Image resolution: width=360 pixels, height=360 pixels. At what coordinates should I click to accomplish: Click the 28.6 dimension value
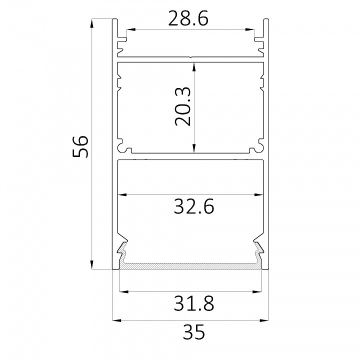tap(188, 18)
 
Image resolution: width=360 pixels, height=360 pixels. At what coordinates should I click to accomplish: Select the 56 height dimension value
tap(80, 146)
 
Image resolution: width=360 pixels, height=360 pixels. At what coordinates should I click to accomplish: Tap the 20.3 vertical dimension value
tap(183, 106)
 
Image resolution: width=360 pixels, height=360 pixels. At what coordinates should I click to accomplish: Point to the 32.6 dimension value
tap(194, 206)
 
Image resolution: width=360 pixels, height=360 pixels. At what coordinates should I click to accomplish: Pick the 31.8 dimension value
tap(194, 303)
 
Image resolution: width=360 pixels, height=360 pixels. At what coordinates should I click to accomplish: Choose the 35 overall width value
tap(193, 332)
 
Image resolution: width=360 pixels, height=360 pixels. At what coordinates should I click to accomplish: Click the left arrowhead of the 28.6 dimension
tap(130, 29)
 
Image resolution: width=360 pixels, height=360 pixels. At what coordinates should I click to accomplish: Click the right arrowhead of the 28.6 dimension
tap(250, 29)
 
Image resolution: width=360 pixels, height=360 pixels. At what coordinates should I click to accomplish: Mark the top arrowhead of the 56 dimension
tap(92, 23)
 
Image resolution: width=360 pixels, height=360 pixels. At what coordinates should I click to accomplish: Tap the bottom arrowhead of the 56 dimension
tap(92, 264)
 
